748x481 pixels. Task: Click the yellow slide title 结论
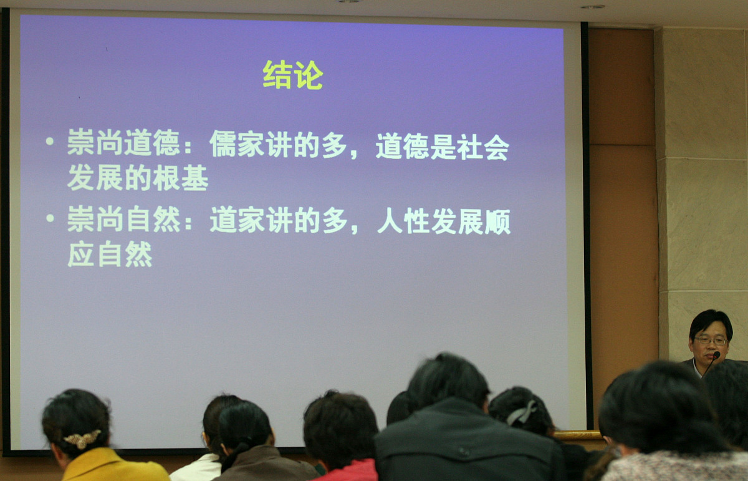(292, 75)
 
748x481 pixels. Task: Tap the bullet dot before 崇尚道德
(50, 141)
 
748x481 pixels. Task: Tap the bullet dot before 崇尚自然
(50, 218)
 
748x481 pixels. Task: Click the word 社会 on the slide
(482, 147)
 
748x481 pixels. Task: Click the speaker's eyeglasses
(711, 341)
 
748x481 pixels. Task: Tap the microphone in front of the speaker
(716, 356)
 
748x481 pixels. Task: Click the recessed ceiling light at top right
(592, 7)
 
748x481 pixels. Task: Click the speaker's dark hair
(711, 320)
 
